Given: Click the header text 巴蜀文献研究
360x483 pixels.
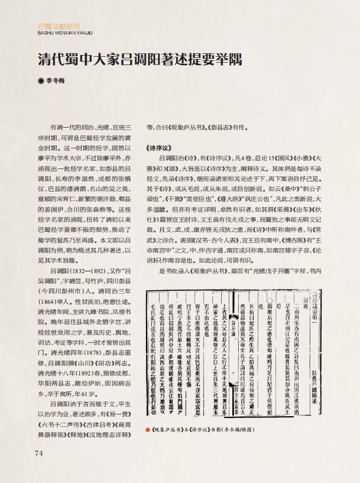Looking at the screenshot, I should tap(59, 26).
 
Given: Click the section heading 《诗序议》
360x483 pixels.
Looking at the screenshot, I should tap(158, 148).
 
